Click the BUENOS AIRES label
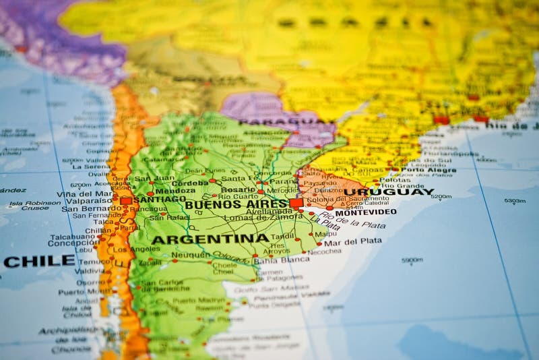pyautogui.click(x=236, y=204)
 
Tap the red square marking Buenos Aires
pyautogui.click(x=296, y=203)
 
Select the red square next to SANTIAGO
pyautogui.click(x=126, y=200)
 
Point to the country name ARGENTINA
pyautogui.click(x=210, y=239)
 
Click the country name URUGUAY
pyautogui.click(x=389, y=192)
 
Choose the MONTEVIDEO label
pyautogui.click(x=365, y=212)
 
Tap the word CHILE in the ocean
pyautogui.click(x=38, y=261)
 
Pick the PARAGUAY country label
pyautogui.click(x=286, y=122)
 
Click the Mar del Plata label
pyautogui.click(x=352, y=241)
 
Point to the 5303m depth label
pyautogui.click(x=515, y=201)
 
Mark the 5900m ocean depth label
pyautogui.click(x=412, y=260)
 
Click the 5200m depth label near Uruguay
pyautogui.click(x=441, y=197)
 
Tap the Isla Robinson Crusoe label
pyautogui.click(x=35, y=206)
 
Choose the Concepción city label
pyautogui.click(x=73, y=243)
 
